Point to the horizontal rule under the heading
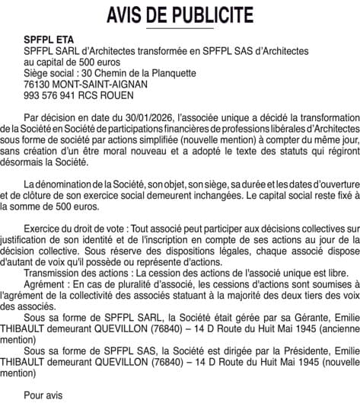pos(180,29)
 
